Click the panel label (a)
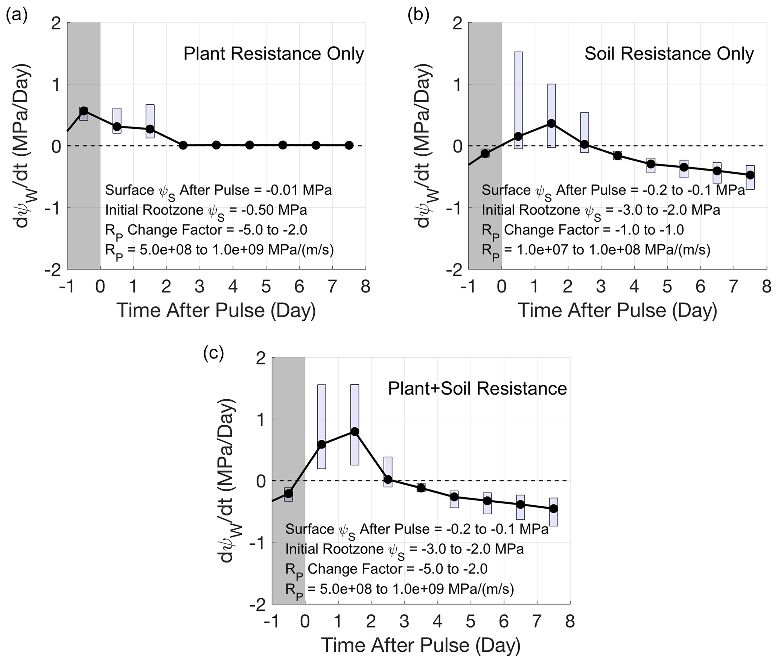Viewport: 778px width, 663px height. [x=17, y=17]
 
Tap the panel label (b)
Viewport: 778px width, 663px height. [x=419, y=17]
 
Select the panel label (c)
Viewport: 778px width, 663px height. [x=213, y=353]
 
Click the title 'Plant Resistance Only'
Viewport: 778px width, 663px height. [x=274, y=54]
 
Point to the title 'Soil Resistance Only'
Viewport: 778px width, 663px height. [x=669, y=54]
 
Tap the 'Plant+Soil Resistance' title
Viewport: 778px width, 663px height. [x=477, y=389]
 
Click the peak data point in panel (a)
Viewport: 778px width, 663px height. [x=84, y=111]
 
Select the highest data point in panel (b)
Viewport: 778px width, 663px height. [x=551, y=123]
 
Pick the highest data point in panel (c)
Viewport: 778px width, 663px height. [x=355, y=431]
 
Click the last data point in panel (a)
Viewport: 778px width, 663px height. [x=349, y=145]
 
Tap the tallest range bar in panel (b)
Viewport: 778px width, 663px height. [x=518, y=100]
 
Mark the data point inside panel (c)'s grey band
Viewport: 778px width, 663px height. [x=288, y=493]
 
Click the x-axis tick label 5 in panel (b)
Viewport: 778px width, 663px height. [x=667, y=287]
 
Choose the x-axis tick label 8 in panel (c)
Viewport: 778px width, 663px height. [x=570, y=622]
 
